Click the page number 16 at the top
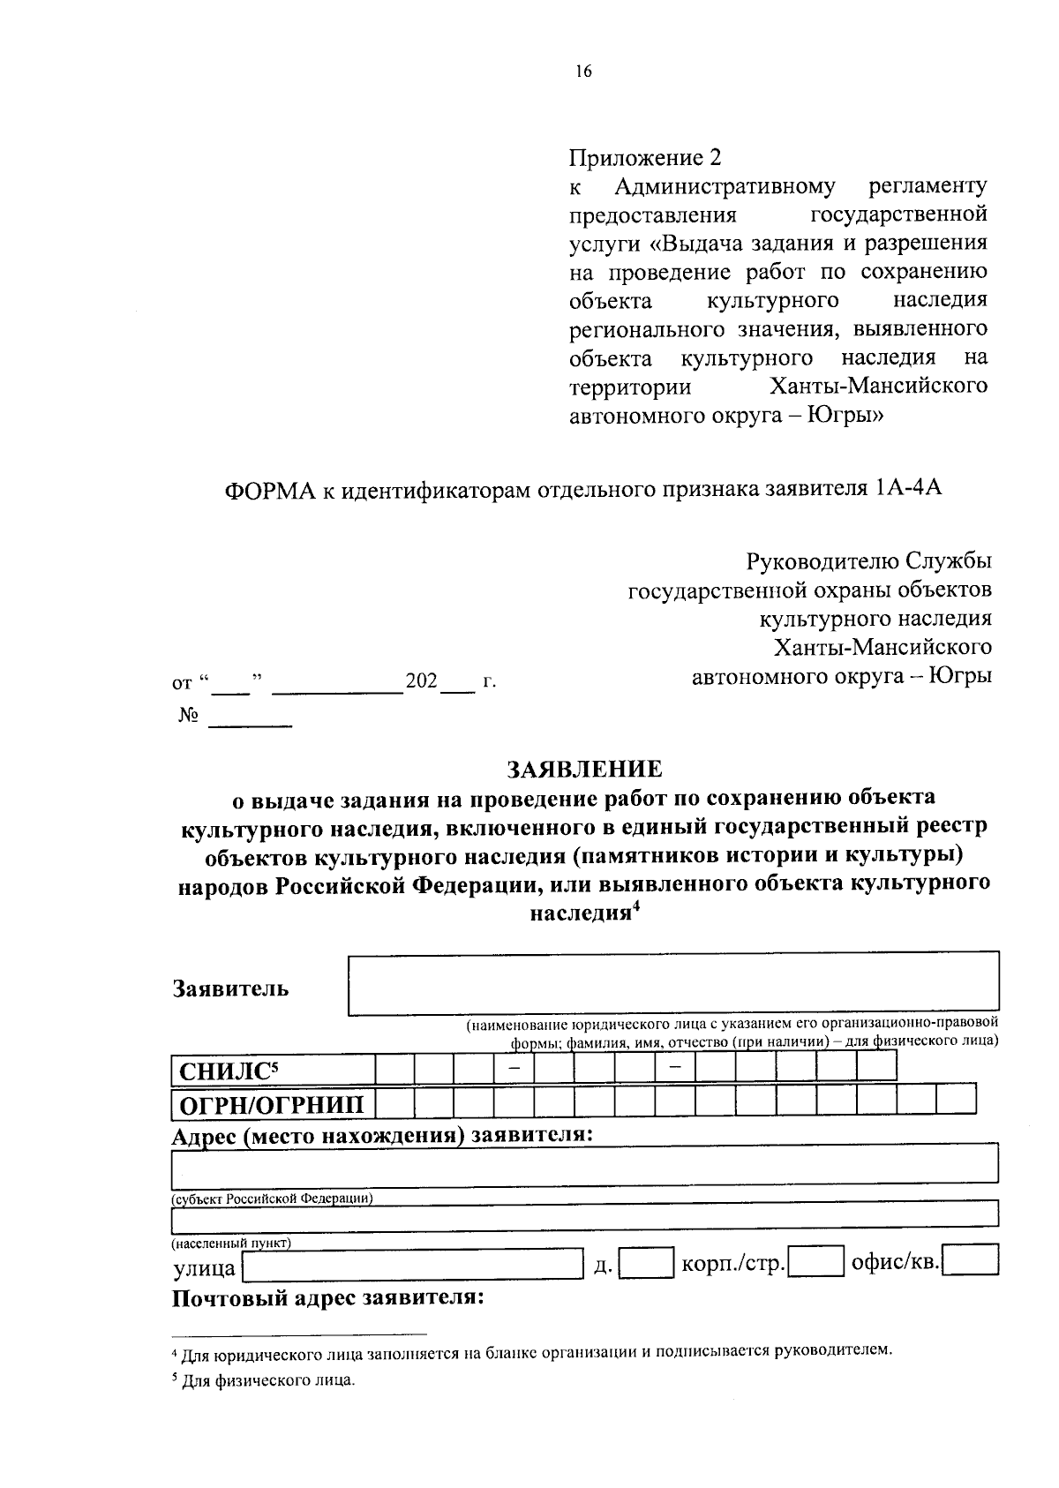[583, 72]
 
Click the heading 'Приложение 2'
[644, 158]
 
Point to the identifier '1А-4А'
[909, 490]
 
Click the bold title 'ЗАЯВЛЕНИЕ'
[583, 769]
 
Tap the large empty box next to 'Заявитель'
[673, 983]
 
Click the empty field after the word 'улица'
[413, 1267]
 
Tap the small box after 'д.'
[646, 1264]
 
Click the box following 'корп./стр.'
[815, 1263]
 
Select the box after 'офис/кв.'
[972, 1262]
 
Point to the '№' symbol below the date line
[188, 715]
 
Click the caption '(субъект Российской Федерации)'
[272, 1199]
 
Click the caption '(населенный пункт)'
[230, 1243]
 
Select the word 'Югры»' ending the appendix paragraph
[846, 415]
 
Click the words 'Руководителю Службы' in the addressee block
[868, 561]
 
